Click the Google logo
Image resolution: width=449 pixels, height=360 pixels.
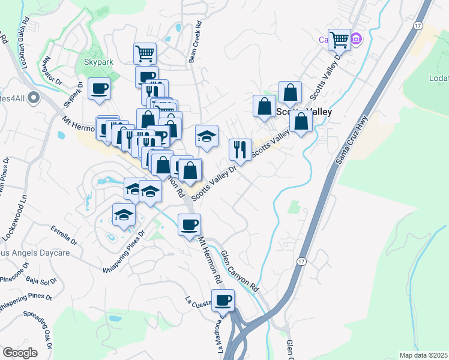(x=20, y=353)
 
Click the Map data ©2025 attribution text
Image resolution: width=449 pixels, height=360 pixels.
(x=423, y=355)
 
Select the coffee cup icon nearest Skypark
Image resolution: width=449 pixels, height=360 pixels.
(x=99, y=89)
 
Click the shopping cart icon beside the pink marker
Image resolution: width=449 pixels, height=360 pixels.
(x=340, y=40)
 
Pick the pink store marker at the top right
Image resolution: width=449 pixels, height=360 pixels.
(x=357, y=39)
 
